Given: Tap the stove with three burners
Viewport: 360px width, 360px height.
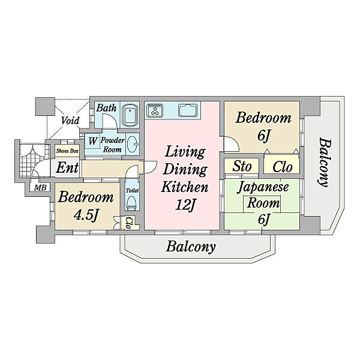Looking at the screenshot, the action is click(155, 110).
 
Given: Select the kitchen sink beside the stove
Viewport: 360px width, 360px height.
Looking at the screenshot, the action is click(188, 110).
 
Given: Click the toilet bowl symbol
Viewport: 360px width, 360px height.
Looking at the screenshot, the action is click(132, 203).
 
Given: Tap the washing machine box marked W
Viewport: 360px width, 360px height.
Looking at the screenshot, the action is click(92, 141).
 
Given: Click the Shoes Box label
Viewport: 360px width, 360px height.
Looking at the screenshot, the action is click(67, 151).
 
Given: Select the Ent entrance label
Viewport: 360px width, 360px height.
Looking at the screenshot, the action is click(67, 167).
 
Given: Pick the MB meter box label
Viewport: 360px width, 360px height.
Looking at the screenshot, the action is click(40, 188).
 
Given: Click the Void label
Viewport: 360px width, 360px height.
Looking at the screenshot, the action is click(70, 121).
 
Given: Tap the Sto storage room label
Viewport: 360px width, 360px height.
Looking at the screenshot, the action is click(242, 166).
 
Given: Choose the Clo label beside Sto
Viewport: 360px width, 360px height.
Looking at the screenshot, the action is click(283, 167).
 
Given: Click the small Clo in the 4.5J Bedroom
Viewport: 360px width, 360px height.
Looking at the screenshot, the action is click(129, 223).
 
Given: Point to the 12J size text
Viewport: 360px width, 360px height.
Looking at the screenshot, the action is click(185, 205).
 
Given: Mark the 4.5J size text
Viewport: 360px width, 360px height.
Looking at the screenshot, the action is click(86, 215).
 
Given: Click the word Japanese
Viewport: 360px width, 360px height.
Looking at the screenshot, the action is click(263, 187).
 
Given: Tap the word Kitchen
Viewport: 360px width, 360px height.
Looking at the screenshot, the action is click(185, 187).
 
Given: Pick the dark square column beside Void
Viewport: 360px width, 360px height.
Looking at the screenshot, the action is click(45, 106).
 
